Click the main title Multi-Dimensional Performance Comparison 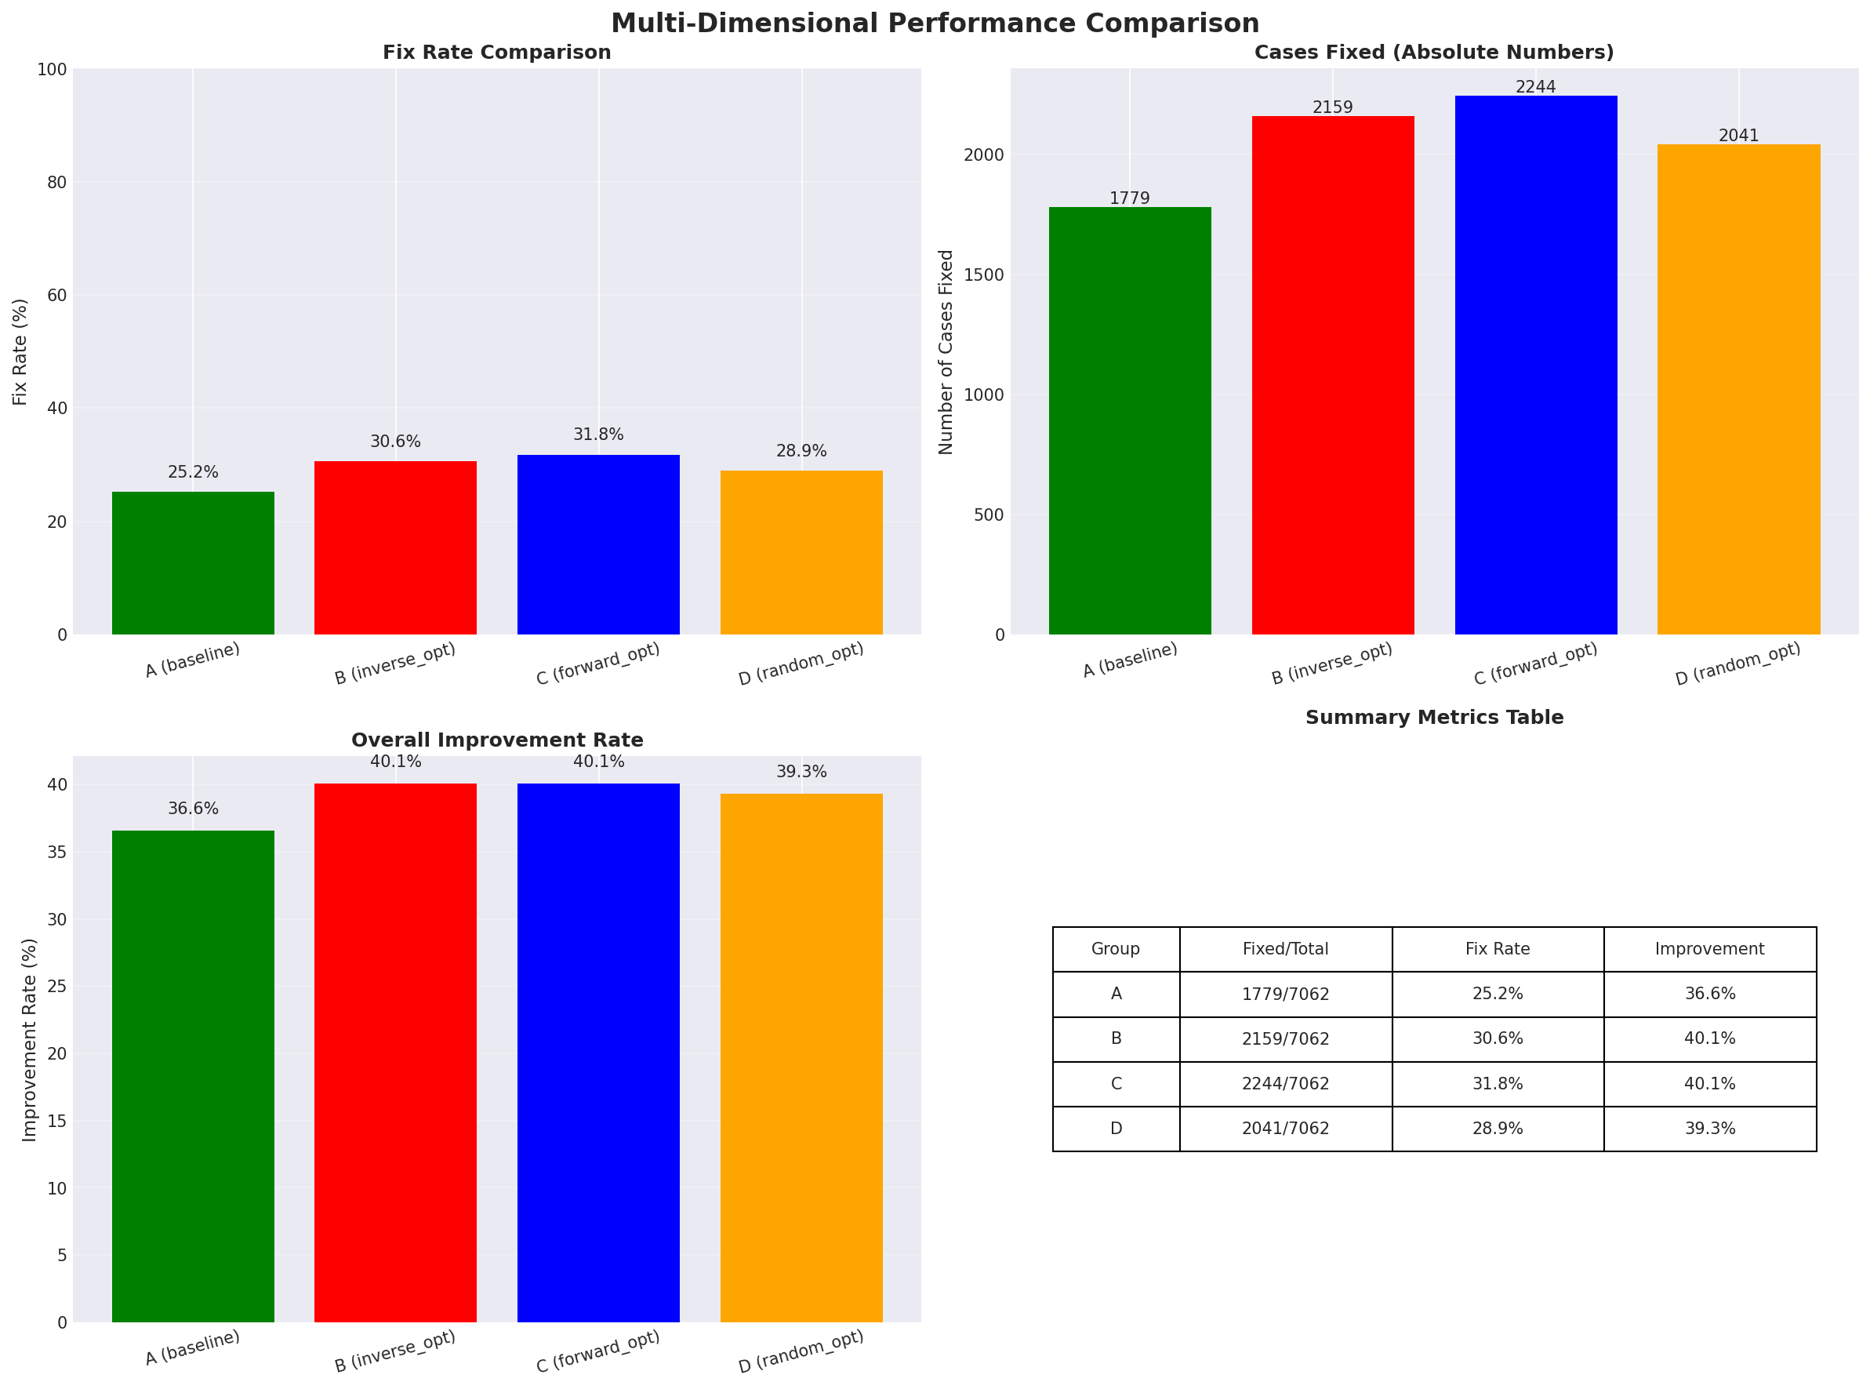(x=935, y=23)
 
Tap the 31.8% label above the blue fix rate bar (x=598, y=435)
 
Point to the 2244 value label (x=1535, y=86)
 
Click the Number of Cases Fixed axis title (x=946, y=351)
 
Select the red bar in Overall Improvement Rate (x=395, y=1052)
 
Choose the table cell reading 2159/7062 (x=1285, y=1039)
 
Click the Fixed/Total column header (x=1285, y=949)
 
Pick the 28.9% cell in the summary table (x=1497, y=1129)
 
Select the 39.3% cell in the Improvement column (x=1709, y=1129)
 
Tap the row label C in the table (x=1115, y=1084)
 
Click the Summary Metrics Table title (x=1434, y=717)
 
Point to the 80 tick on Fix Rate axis (x=57, y=183)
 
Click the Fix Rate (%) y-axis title (x=20, y=351)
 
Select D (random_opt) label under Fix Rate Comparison (x=801, y=664)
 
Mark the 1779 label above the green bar (x=1129, y=198)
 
